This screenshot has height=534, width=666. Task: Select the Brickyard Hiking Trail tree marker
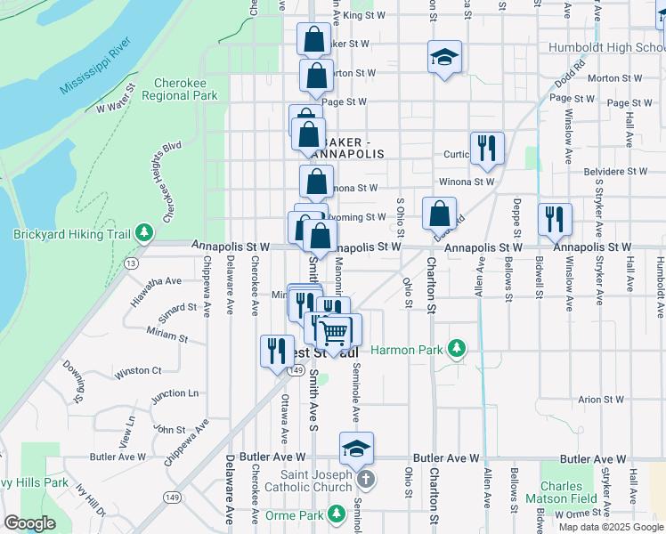(143, 234)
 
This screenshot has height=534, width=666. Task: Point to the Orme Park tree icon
(336, 514)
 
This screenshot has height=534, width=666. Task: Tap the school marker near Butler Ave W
(356, 449)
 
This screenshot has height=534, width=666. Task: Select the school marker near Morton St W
(444, 59)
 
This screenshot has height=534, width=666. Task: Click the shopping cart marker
(334, 334)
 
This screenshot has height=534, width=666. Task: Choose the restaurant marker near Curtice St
(487, 149)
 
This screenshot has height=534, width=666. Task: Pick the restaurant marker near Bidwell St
(555, 221)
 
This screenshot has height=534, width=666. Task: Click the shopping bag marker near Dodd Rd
(439, 214)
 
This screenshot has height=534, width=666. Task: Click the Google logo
(29, 523)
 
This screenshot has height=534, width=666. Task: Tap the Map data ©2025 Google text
(610, 527)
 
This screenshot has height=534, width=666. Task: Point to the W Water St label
(115, 99)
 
